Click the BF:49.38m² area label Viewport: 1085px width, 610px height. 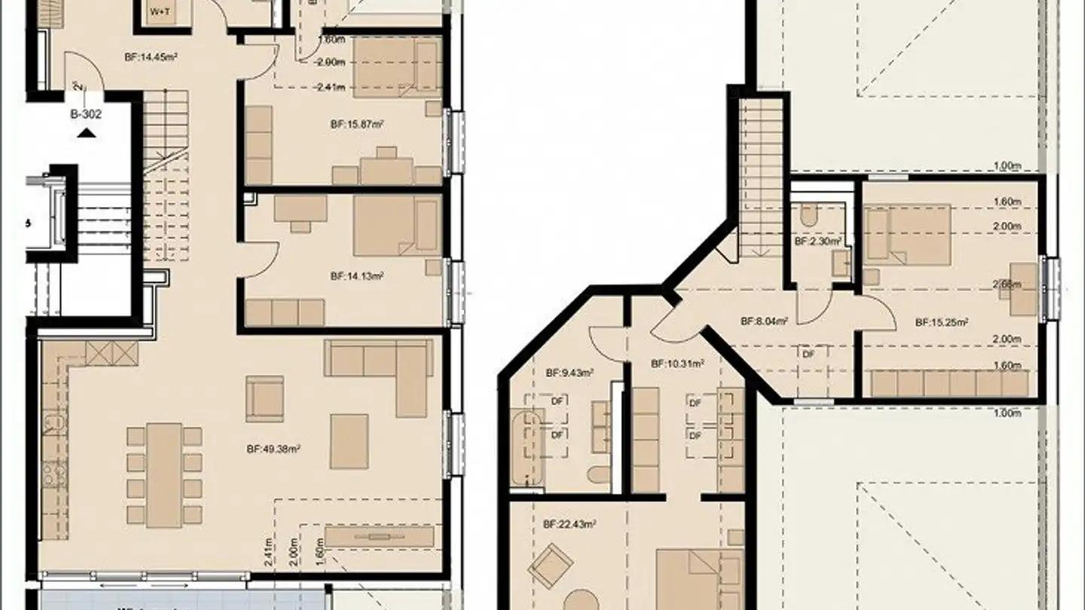click(x=274, y=450)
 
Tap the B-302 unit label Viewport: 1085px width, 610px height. click(x=86, y=115)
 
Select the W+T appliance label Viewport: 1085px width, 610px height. click(x=160, y=12)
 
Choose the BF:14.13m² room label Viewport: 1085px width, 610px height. click(x=356, y=276)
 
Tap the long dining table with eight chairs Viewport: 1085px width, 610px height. click(x=164, y=474)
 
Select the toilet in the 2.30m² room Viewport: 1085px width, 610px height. click(x=808, y=217)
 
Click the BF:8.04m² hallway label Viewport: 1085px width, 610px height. click(x=764, y=321)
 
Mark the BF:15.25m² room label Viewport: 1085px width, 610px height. click(x=941, y=322)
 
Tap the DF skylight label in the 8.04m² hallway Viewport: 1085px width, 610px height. click(x=808, y=353)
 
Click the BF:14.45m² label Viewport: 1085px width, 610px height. click(x=151, y=56)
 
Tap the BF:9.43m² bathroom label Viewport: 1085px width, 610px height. click(x=569, y=372)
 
